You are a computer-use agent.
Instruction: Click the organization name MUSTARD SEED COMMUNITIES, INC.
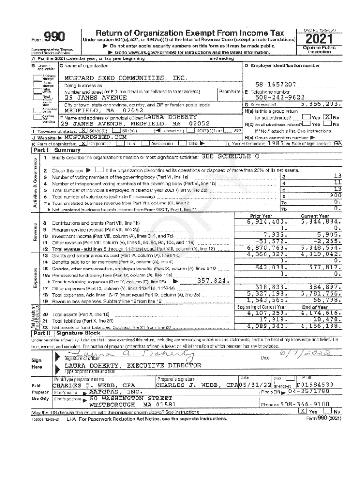click(120, 78)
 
